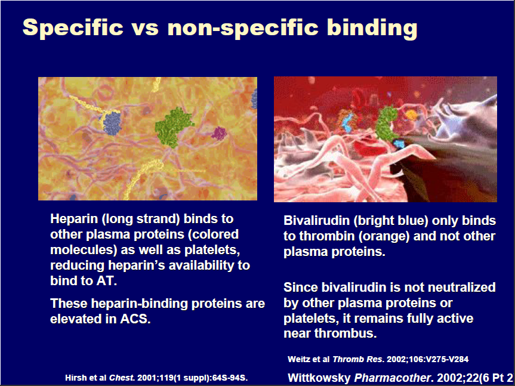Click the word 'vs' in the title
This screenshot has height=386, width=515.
coord(145,27)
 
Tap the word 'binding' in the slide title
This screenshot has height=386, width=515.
coord(372,28)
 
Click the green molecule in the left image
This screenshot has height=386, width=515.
coord(174,126)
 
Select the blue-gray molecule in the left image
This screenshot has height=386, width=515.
coord(112,123)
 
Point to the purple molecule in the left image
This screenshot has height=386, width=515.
coord(219,133)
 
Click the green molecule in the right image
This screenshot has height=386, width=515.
coord(387,123)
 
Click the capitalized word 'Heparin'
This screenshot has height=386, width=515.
coord(75,219)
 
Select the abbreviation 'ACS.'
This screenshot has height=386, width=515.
coord(135,319)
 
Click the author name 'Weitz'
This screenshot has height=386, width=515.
coord(298,359)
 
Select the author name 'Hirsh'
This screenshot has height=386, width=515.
coord(75,378)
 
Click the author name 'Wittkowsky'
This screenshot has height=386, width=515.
coord(319,378)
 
